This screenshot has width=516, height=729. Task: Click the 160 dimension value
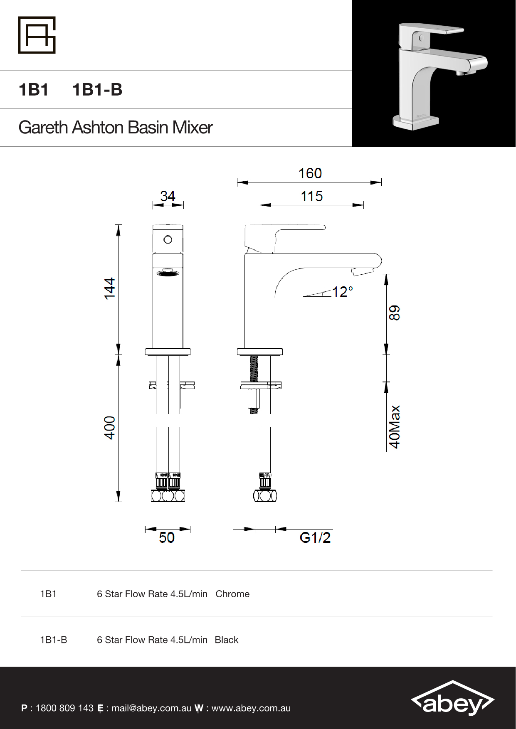pos(310,173)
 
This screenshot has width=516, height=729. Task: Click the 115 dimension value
pos(311,196)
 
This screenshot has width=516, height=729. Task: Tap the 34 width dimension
pos(168,196)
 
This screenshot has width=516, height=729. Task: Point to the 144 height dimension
pos(109,288)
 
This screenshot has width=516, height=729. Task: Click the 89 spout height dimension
pos(394,313)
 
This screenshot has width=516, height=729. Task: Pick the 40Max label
pos(394,426)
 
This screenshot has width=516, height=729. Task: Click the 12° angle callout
pos(342,292)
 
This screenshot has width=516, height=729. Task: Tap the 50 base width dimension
pos(167,537)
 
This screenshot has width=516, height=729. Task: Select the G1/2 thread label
pos(315,537)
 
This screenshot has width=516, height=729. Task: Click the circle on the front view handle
pos(168,239)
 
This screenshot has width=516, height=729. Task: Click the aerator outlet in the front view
pos(168,273)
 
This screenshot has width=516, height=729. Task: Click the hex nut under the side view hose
pos(265,496)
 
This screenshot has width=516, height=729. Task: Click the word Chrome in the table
pos(232,594)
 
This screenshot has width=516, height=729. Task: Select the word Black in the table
pos(227,640)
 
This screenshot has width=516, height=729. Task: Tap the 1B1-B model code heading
pos(97,90)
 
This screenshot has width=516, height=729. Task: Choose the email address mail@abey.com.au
pos(151,708)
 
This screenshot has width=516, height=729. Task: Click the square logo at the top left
pos(37,35)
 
